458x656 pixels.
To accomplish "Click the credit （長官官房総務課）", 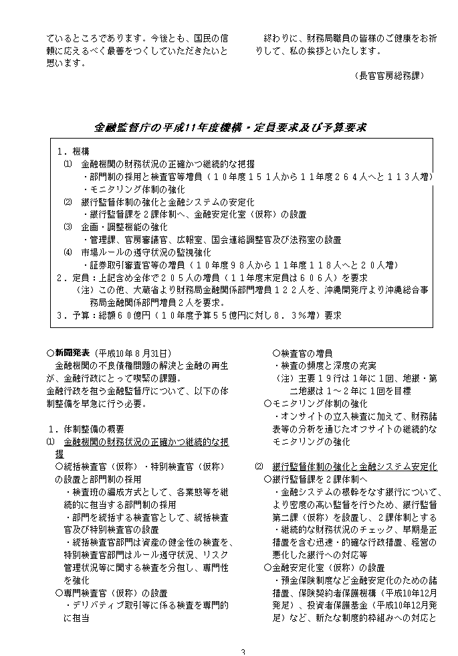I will [389, 76].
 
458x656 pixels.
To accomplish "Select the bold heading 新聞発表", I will [72, 353].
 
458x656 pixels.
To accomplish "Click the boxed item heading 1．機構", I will [73, 152].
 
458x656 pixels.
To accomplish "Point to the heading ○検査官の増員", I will [303, 353].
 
